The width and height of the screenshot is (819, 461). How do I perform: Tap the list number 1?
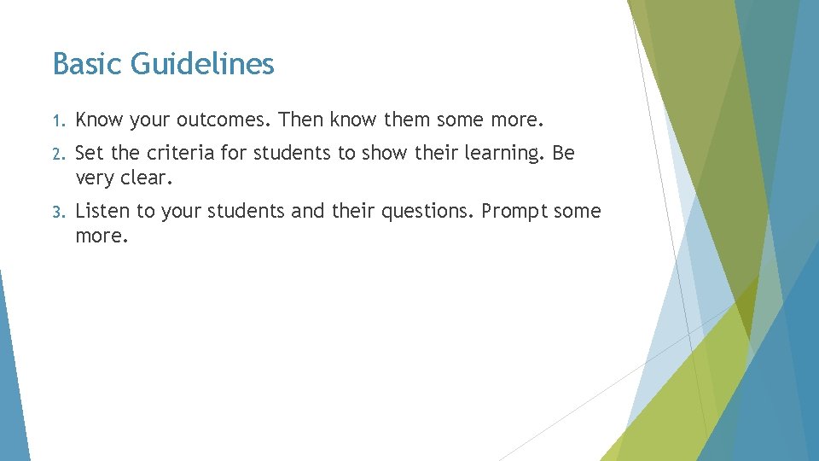point(57,120)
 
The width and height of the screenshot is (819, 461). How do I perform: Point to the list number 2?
point(57,155)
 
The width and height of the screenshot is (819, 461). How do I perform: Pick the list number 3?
point(57,212)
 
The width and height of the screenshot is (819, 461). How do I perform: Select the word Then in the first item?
point(300,119)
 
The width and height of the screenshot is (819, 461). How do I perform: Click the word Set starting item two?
point(89,154)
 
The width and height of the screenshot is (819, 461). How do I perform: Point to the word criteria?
point(180,154)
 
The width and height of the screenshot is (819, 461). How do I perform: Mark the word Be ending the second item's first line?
point(564,154)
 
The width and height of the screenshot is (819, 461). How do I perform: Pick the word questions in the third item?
point(428,211)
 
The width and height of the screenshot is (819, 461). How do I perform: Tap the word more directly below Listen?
point(102,236)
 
